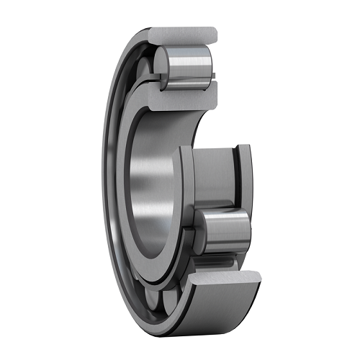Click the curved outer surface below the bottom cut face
[216, 310]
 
